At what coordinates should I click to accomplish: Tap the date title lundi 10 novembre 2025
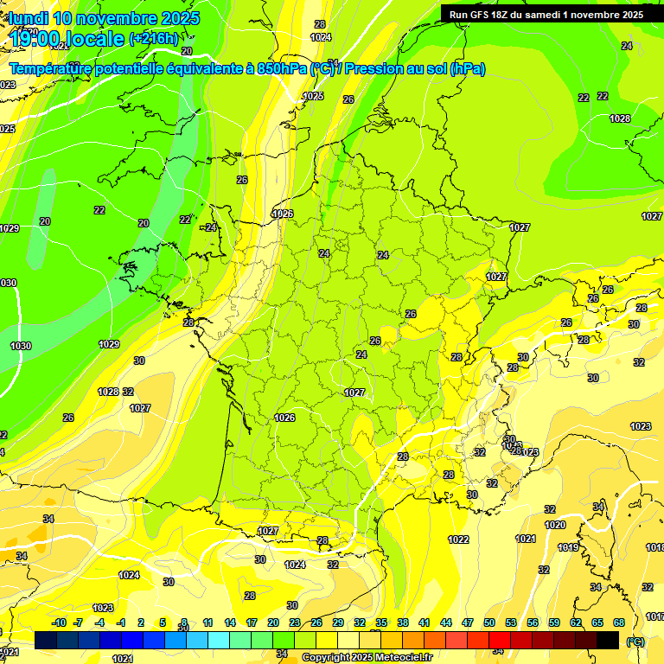[103, 18]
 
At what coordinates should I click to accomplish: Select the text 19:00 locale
[65, 38]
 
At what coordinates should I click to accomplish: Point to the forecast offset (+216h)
[154, 38]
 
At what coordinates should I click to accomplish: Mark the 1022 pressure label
[458, 539]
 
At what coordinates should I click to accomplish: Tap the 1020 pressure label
[554, 525]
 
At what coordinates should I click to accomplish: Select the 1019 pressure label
[568, 547]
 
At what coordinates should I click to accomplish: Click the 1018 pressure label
[655, 547]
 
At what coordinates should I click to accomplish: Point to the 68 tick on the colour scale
[618, 622]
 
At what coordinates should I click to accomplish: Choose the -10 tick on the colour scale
[59, 622]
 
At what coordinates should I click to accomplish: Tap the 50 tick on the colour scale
[489, 622]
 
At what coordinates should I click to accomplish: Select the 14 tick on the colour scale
[230, 622]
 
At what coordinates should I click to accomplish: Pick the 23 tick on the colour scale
[295, 622]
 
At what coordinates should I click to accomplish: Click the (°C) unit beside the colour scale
[635, 642]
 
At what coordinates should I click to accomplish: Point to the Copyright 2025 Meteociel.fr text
[367, 657]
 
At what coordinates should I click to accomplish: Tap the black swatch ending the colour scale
[608, 640]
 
